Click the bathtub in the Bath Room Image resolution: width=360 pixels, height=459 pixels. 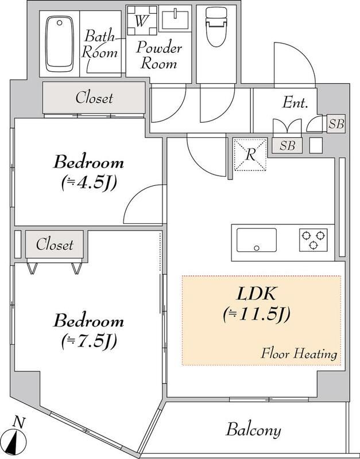(59, 44)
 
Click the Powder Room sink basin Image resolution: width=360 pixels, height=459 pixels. (175, 21)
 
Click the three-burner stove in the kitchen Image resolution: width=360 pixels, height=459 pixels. (313, 239)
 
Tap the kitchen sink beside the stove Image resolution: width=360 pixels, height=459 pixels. (256, 240)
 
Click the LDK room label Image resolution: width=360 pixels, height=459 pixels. (258, 294)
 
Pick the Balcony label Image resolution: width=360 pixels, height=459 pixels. (253, 430)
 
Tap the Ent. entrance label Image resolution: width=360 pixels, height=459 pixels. (296, 104)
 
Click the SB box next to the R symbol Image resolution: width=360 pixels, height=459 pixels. (287, 145)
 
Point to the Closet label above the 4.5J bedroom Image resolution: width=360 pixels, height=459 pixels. (94, 99)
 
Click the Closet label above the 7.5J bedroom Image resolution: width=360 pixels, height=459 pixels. (55, 245)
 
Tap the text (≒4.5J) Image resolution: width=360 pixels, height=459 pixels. (88, 184)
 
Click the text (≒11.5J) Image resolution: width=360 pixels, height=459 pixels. (258, 314)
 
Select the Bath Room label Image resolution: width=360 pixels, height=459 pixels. (102, 44)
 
